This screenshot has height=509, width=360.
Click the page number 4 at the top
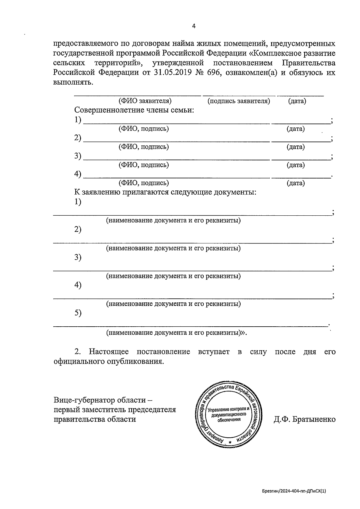pyautogui.click(x=193, y=26)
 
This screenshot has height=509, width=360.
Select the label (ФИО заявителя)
pyautogui.click(x=145, y=101)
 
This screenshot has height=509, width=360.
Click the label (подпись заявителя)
pyautogui.click(x=238, y=101)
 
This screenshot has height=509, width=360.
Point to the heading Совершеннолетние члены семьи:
pyautogui.click(x=134, y=110)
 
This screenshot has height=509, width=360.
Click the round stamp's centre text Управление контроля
pyautogui.click(x=229, y=409)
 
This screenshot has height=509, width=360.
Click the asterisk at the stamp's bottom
pyautogui.click(x=230, y=443)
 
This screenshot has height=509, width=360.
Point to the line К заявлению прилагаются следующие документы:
pyautogui.click(x=165, y=192)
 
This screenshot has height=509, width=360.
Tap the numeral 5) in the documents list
pyautogui.click(x=78, y=313)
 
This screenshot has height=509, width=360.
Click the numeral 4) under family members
pyautogui.click(x=78, y=174)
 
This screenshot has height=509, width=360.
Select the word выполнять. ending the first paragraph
pyautogui.click(x=73, y=82)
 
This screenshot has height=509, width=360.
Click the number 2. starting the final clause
pyautogui.click(x=78, y=352)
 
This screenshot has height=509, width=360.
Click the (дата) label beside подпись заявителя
pyautogui.click(x=297, y=101)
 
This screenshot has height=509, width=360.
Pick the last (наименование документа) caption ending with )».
pyautogui.click(x=176, y=332)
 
